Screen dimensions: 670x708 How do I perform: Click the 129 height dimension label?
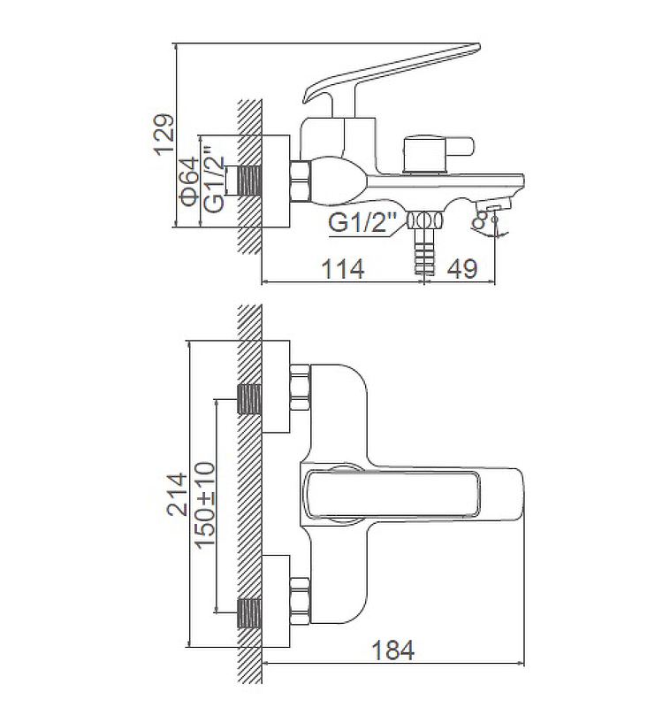[164, 135]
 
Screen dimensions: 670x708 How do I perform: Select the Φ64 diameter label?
[190, 182]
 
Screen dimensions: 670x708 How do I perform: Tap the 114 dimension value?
[343, 269]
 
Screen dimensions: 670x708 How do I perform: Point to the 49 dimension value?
[462, 269]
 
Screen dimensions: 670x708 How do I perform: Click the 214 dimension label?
[177, 494]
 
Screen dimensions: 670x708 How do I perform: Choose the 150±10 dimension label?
[205, 504]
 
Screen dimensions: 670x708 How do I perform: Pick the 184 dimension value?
[392, 650]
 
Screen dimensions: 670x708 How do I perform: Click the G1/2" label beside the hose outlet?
[362, 222]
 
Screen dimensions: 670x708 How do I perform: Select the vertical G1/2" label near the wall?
[214, 179]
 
